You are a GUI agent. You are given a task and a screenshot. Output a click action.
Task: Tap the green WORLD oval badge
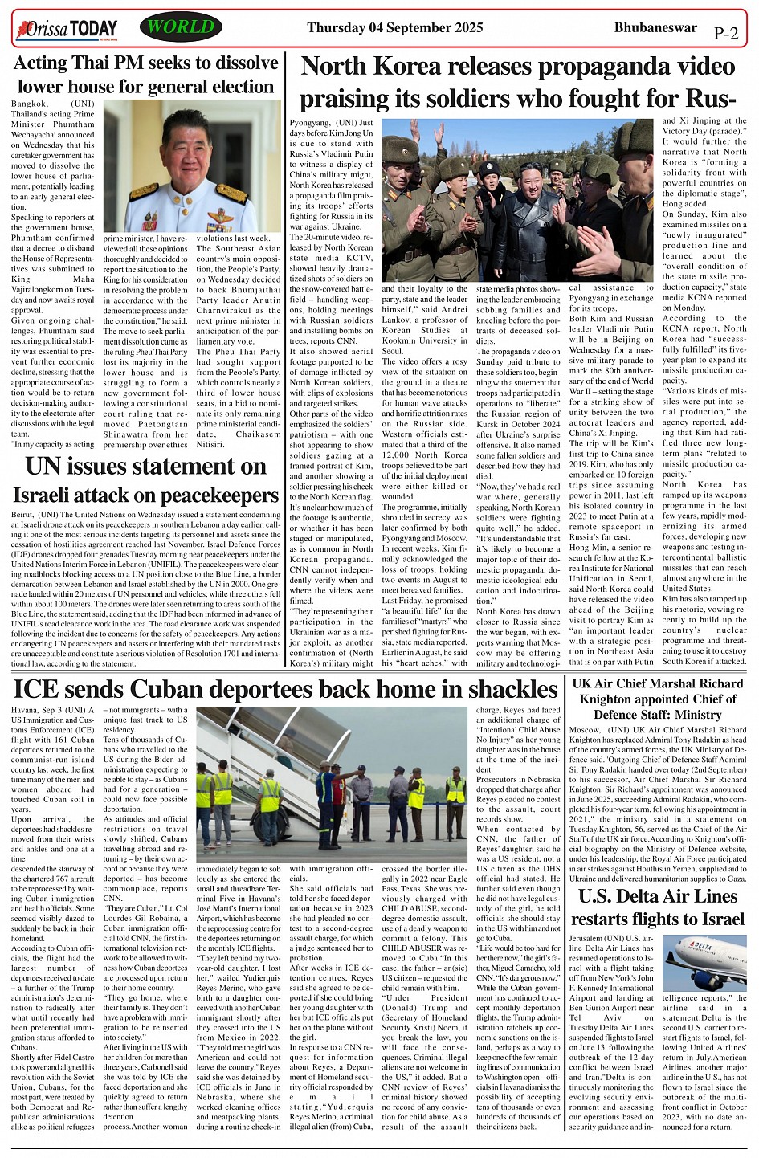181,27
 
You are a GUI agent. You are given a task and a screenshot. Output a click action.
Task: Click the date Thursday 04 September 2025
394,28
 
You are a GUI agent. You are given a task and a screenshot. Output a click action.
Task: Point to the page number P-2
725,34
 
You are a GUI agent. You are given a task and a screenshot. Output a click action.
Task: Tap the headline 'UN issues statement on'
145,467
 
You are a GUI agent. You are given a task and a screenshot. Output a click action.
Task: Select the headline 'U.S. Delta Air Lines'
659,896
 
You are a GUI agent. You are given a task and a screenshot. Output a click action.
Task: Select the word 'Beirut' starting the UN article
26,514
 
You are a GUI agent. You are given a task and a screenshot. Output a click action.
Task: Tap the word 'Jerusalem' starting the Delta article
593,938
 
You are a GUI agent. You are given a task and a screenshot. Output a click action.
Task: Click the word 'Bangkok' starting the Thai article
31,104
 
